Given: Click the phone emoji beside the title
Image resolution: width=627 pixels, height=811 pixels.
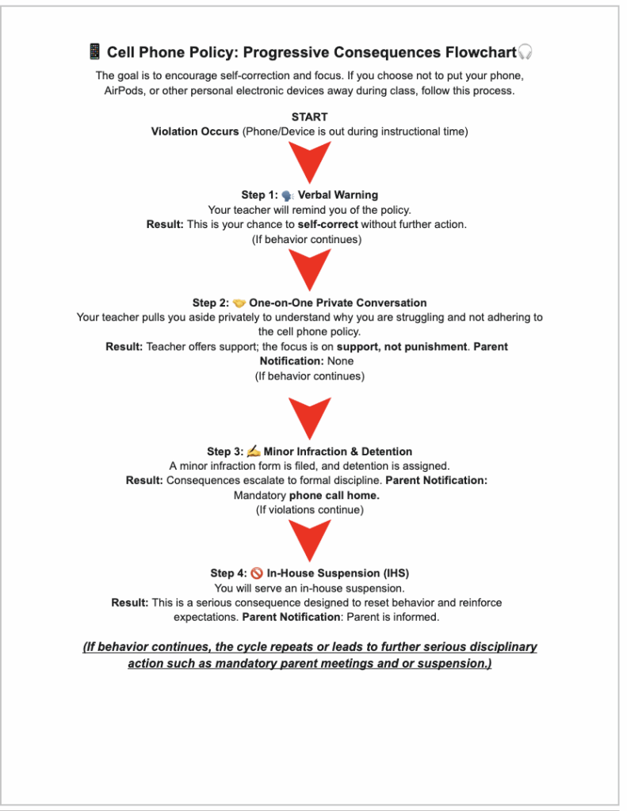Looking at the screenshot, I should [94, 52].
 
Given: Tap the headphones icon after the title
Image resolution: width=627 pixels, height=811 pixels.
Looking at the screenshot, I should [525, 52].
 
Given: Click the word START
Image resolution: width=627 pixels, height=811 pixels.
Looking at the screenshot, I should [309, 117].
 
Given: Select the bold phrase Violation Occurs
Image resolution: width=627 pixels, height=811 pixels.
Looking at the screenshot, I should [195, 131].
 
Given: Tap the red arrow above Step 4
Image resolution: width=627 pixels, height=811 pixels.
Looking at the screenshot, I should [309, 542].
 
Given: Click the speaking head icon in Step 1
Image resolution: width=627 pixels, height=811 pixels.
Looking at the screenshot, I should [288, 195].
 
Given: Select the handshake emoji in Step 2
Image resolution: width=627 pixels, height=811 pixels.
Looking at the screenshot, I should [239, 303].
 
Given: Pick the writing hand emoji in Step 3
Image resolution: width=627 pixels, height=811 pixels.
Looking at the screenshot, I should [254, 451].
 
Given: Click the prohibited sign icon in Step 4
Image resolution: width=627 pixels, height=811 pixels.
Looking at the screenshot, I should [257, 573].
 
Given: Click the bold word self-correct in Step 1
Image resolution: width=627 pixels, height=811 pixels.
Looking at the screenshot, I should [328, 224].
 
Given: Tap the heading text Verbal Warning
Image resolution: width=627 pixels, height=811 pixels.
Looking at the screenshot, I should [338, 195].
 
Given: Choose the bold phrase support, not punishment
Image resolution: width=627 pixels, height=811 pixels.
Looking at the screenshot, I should [402, 347].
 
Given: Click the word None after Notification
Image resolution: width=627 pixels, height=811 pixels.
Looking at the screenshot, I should [342, 361].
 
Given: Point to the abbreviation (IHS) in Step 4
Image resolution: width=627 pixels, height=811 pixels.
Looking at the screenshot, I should [394, 573].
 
